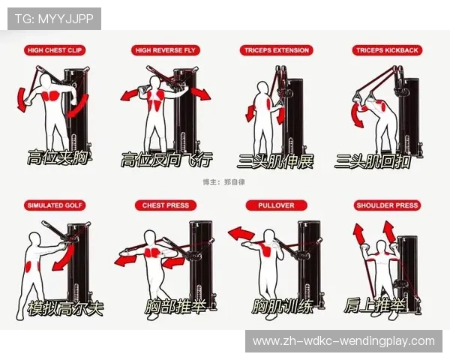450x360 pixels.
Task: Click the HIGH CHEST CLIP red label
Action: click(x=55, y=50)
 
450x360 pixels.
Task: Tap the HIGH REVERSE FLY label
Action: click(x=165, y=50)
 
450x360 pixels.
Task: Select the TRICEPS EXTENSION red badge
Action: click(x=276, y=50)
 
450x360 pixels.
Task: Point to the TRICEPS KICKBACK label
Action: click(x=387, y=50)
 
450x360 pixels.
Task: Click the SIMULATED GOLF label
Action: click(x=55, y=205)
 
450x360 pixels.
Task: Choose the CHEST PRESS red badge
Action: click(x=166, y=205)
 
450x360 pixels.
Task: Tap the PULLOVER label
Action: click(x=276, y=205)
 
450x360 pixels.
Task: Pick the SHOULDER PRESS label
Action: click(x=387, y=205)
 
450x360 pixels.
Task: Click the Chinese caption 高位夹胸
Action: click(x=58, y=157)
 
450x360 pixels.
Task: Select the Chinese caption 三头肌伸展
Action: click(x=275, y=161)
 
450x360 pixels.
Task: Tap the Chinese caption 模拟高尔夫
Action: click(x=65, y=308)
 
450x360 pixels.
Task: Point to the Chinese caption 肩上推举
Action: click(x=375, y=305)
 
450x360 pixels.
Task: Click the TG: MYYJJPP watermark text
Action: click(x=54, y=19)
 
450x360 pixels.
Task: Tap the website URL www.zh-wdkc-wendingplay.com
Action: click(x=343, y=341)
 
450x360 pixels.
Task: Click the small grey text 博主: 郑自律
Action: click(x=224, y=182)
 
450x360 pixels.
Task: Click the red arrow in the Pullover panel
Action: click(x=241, y=233)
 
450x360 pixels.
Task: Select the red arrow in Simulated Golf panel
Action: click(x=64, y=257)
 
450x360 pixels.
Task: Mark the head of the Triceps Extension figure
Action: click(x=263, y=88)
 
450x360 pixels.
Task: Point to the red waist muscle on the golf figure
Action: click(x=29, y=265)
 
